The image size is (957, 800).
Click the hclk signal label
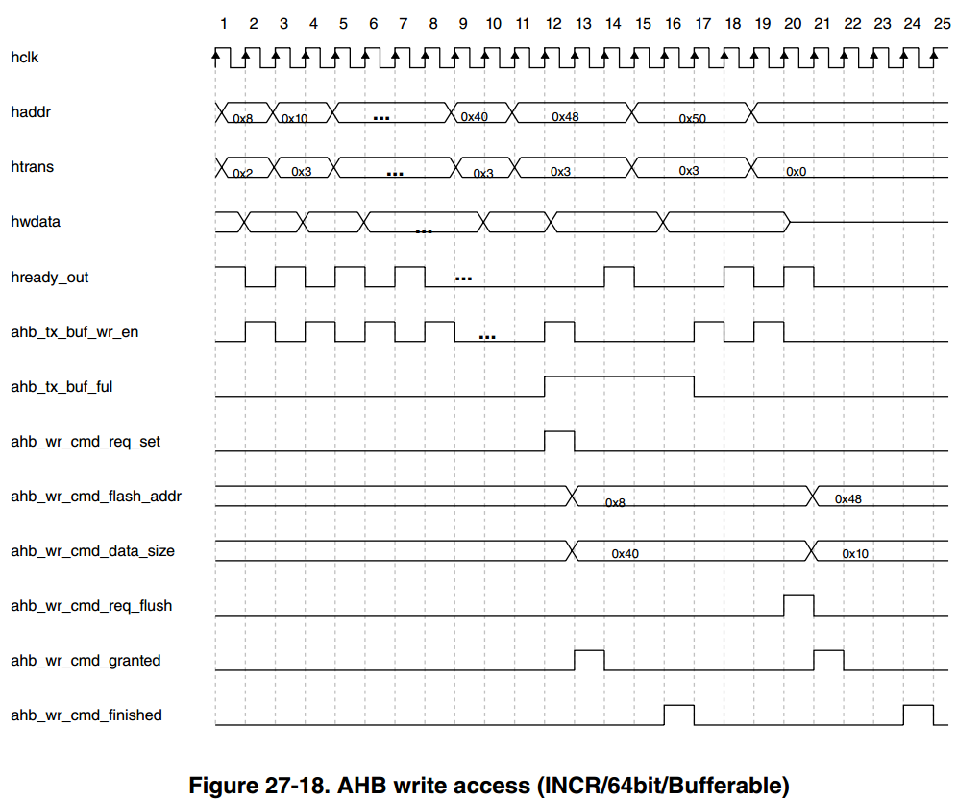tap(24, 58)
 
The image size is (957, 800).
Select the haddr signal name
tap(31, 112)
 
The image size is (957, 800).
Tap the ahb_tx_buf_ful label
tap(61, 387)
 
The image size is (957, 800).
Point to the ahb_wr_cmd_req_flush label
tap(91, 606)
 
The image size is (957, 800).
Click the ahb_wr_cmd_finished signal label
tap(86, 715)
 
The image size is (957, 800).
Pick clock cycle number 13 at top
tap(583, 24)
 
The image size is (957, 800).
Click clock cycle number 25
tap(942, 24)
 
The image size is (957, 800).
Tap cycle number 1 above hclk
tap(223, 24)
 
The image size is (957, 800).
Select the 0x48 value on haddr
tap(565, 116)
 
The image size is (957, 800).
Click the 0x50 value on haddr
tap(692, 118)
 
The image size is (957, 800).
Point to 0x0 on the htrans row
tap(796, 172)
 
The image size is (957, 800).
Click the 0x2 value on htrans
tap(242, 173)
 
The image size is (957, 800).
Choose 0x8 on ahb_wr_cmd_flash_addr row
tap(615, 502)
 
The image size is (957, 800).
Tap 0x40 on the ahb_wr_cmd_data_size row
tap(625, 553)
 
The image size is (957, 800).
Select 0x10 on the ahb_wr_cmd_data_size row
tap(855, 553)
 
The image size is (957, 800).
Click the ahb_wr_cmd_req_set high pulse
tap(559, 431)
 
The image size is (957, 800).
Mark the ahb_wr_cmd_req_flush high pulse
tap(798, 596)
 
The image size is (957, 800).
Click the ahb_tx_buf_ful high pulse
tap(619, 376)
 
